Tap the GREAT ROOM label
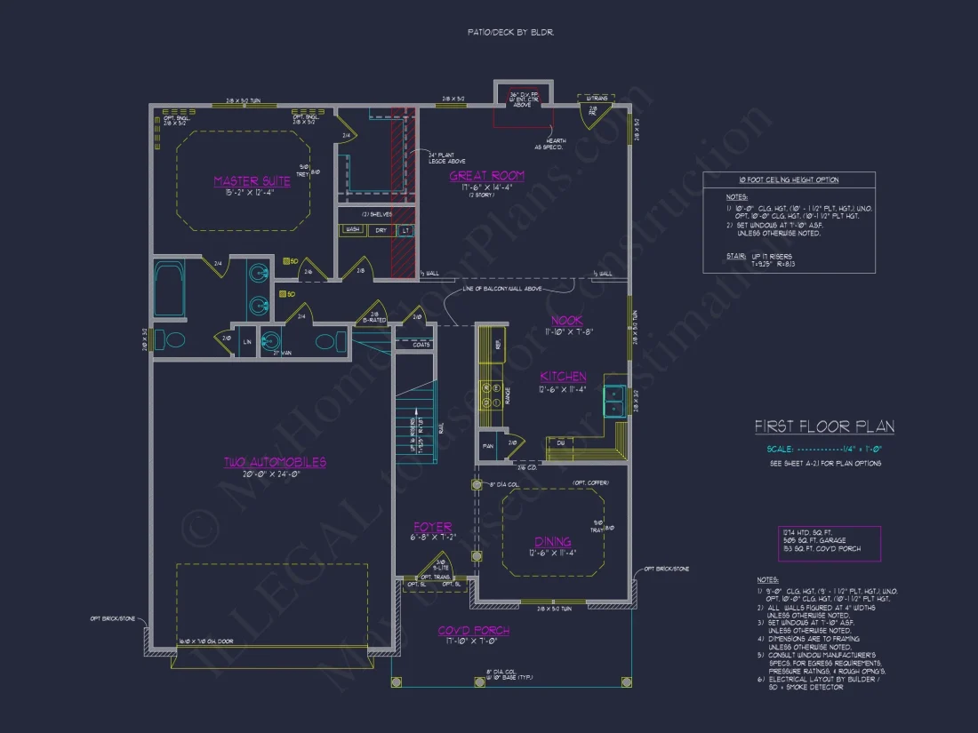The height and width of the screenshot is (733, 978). coord(486,176)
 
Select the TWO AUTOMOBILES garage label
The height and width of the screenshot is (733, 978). coord(274,462)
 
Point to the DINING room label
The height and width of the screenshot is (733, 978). coord(553,541)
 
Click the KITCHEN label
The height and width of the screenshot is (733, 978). coord(564,377)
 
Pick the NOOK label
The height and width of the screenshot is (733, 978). coord(565,320)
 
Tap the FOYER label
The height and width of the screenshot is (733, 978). coord(432,527)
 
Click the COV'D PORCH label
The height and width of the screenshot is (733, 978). coord(474,631)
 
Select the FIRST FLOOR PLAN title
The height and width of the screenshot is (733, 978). coord(824,427)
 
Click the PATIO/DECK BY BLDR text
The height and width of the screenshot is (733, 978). coord(511,32)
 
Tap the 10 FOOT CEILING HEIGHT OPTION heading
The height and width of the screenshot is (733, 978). coord(790,179)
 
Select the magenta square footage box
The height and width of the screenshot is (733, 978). coord(828,544)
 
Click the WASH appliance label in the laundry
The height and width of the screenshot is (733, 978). coord(352,230)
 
